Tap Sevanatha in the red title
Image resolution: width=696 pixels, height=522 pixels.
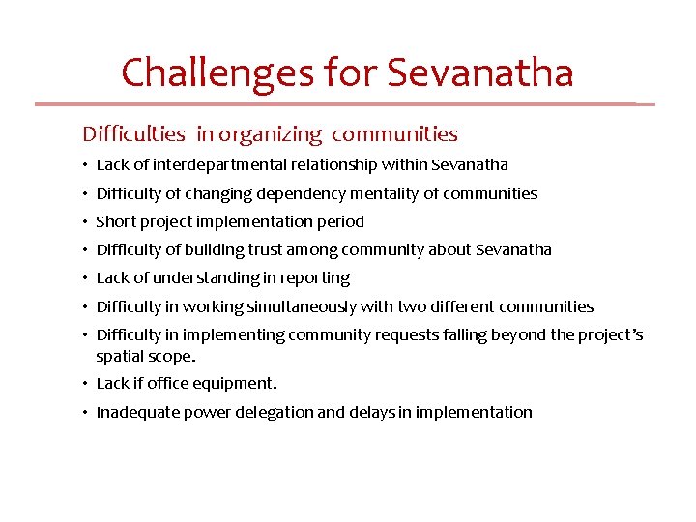(x=480, y=72)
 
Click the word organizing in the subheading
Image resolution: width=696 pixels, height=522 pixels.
(x=272, y=133)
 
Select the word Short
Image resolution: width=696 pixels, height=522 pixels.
(x=116, y=221)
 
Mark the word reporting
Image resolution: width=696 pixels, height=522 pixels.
(x=315, y=278)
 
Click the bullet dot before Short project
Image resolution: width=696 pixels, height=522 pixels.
(x=86, y=222)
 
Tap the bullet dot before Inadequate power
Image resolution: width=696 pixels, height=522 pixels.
(x=86, y=413)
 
